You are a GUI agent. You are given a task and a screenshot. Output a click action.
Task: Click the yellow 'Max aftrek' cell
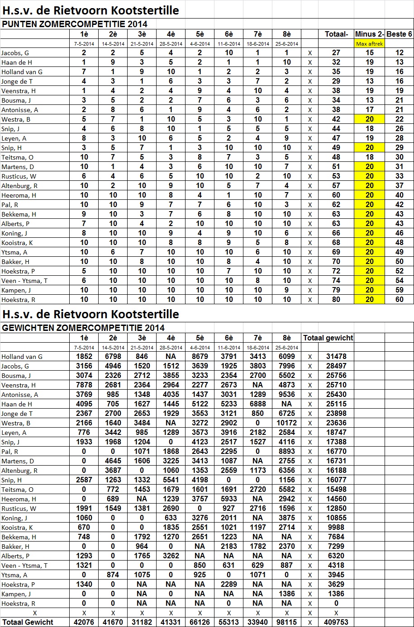[370, 44]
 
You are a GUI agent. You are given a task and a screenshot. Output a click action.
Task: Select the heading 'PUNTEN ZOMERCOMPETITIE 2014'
[75, 24]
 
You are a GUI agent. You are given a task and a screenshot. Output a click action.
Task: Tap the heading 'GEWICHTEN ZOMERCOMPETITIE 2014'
[84, 328]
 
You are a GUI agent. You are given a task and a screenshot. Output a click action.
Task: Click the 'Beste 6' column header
[399, 34]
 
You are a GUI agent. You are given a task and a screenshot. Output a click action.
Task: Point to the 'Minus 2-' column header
[370, 34]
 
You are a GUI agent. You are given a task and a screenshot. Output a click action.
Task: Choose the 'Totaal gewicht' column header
[328, 338]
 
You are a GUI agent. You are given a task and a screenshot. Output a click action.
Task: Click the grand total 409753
[336, 622]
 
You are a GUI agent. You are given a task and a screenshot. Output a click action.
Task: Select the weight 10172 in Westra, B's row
[286, 423]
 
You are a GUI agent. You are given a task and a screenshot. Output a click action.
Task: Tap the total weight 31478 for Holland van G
[336, 357]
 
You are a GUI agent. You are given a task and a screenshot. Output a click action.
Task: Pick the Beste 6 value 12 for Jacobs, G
[399, 53]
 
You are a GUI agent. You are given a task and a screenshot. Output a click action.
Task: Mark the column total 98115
[286, 622]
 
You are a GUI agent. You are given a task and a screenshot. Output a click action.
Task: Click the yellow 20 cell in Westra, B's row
[370, 119]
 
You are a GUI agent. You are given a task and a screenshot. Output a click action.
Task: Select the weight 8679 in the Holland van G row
[200, 357]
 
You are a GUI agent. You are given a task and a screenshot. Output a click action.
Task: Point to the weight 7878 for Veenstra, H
[84, 385]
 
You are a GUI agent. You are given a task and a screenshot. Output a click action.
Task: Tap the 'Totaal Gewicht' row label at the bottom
[28, 622]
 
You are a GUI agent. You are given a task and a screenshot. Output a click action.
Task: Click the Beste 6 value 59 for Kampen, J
[399, 290]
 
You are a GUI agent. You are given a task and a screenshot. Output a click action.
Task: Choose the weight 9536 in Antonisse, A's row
[286, 395]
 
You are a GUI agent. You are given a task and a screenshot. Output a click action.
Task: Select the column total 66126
[200, 622]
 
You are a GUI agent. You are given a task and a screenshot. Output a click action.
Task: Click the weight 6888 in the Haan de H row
[257, 404]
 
